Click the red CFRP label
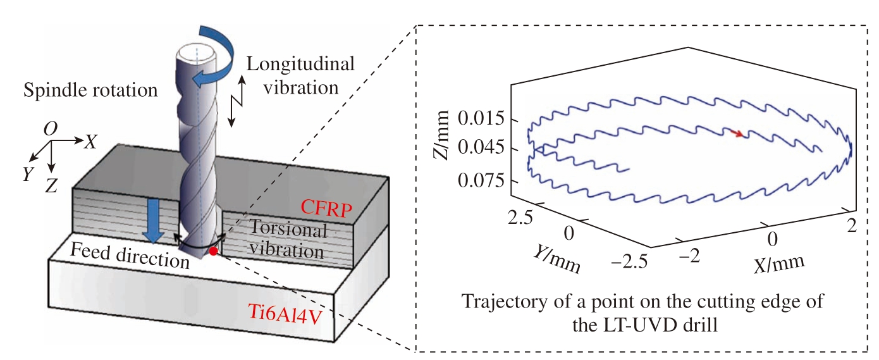click(326, 208)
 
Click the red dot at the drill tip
click(213, 251)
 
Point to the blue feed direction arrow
click(153, 220)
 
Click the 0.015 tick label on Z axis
click(481, 118)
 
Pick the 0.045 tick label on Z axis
click(481, 147)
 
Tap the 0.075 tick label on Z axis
click(481, 180)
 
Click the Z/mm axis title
click(441, 135)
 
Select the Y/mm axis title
click(557, 259)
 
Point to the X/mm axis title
click(779, 263)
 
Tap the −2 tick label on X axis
click(690, 256)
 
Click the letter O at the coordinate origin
click(50, 128)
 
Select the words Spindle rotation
click(90, 90)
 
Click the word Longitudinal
click(300, 64)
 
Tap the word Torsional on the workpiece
click(288, 228)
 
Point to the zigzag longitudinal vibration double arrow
click(237, 101)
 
